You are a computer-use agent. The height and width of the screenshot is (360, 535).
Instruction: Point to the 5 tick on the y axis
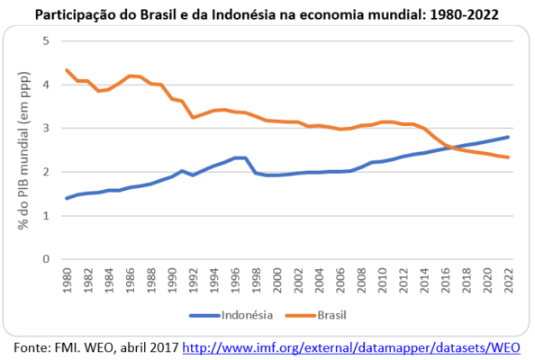point(45,41)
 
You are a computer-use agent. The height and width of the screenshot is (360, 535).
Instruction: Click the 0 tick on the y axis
point(45,259)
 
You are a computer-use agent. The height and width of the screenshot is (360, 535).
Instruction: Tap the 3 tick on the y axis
point(45,129)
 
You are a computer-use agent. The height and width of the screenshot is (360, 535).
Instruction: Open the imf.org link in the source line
point(352,346)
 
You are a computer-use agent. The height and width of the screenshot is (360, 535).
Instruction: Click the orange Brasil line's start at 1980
point(67,70)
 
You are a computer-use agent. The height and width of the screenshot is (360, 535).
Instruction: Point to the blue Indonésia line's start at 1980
point(67,198)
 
